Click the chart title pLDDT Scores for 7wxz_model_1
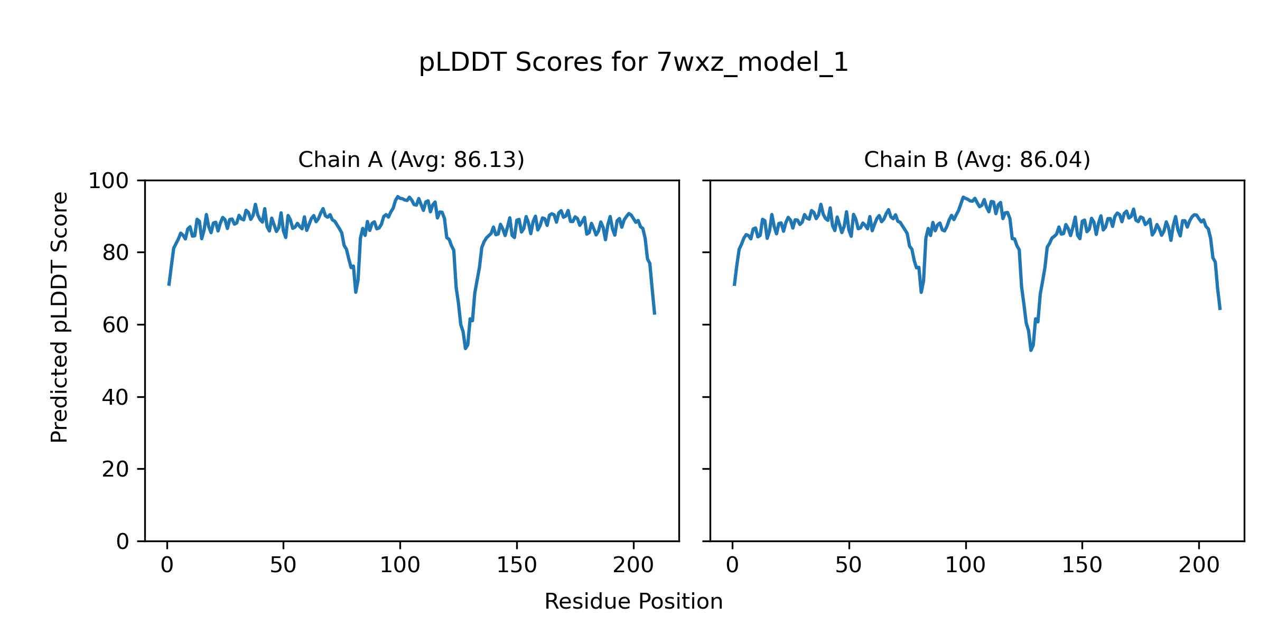click(x=633, y=63)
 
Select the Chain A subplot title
click(x=411, y=160)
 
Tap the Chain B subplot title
click(x=977, y=160)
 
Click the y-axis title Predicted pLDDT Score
click(x=59, y=317)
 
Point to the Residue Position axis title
click(x=633, y=602)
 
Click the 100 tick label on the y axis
click(x=108, y=181)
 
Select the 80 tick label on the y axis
click(x=115, y=253)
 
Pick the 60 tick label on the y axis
click(x=115, y=325)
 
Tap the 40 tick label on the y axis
click(x=115, y=397)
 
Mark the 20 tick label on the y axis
click(x=115, y=469)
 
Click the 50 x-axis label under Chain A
click(x=283, y=565)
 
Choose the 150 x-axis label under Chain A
click(x=516, y=565)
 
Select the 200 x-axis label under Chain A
click(x=633, y=565)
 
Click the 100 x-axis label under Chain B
click(x=965, y=565)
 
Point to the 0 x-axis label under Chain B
click(x=732, y=565)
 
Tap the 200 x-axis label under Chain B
click(x=1199, y=565)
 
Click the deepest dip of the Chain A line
click(x=465, y=348)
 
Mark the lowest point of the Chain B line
click(x=1031, y=350)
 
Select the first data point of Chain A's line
click(x=169, y=285)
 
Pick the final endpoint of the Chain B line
click(x=1220, y=310)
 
